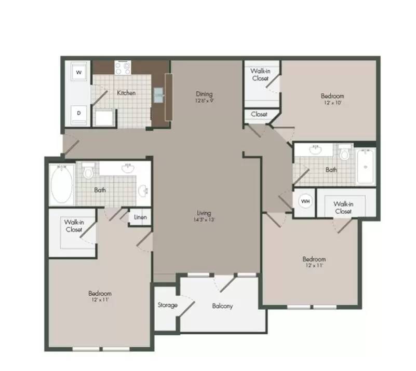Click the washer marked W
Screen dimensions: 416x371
coord(79,72)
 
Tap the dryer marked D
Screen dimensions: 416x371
coord(79,114)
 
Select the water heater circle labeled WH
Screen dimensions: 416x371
coord(305,201)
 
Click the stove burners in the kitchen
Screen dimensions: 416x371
coord(123,67)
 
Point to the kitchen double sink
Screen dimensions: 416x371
coord(158,94)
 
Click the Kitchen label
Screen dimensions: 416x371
coord(126,93)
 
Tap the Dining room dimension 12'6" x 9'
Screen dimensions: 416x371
coord(204,101)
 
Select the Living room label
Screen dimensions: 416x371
coord(204,213)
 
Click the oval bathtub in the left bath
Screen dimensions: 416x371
coord(62,184)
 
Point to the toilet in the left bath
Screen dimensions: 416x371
coord(88,171)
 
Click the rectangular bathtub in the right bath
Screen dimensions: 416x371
coord(365,167)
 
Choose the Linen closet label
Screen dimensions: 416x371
coord(140,217)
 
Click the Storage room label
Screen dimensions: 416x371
coord(167,305)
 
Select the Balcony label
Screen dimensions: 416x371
coord(222,306)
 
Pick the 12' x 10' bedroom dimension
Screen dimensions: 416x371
coord(332,103)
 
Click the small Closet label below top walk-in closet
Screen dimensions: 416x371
coord(259,114)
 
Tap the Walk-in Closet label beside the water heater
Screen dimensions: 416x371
coord(343,208)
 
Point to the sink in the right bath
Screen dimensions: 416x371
coord(316,149)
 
